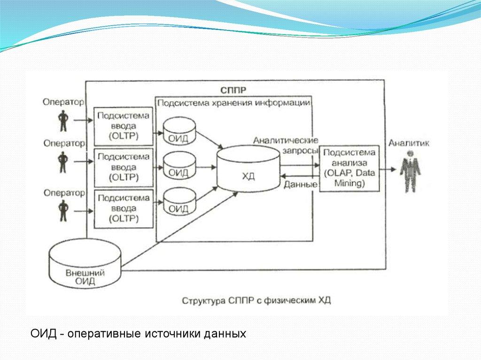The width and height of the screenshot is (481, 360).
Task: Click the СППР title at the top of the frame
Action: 233,90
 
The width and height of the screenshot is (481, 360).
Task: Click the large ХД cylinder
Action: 248,169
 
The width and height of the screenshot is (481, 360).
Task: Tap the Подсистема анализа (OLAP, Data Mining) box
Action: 349,168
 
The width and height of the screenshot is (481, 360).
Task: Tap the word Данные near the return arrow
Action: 300,184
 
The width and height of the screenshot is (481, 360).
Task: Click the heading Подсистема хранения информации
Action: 233,103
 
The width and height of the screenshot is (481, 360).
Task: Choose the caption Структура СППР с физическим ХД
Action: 256,300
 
